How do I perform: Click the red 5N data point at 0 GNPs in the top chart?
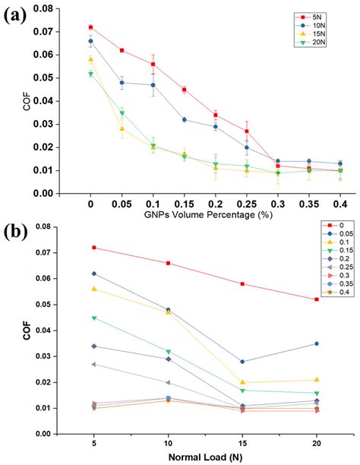click(90, 27)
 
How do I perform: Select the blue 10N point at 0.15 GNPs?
click(184, 119)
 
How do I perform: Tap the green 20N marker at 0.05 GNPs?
click(122, 113)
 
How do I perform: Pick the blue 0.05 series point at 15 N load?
click(242, 362)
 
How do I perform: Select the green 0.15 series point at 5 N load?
click(93, 318)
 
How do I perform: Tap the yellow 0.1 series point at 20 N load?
click(316, 380)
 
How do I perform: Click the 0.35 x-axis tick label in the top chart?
click(308, 204)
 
